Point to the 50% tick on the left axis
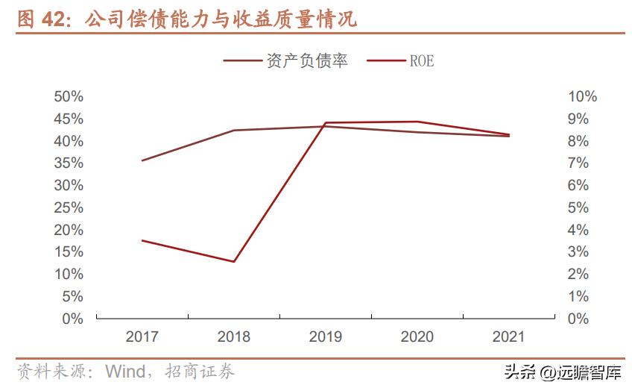coord(69,97)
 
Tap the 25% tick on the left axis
coord(69,207)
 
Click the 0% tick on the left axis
coord(72,319)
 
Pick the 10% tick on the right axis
coord(582,97)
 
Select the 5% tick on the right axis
coord(578,207)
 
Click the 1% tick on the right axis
coord(578,296)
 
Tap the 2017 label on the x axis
coord(142,337)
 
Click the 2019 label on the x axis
coord(326,337)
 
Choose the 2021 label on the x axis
coord(509,337)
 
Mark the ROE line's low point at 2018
coord(234,262)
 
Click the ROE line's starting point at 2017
coord(142,240)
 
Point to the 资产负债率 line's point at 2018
coord(234,131)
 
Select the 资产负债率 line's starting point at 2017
coord(142,160)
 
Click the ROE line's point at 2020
coord(417,122)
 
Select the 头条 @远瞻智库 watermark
coord(563,372)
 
